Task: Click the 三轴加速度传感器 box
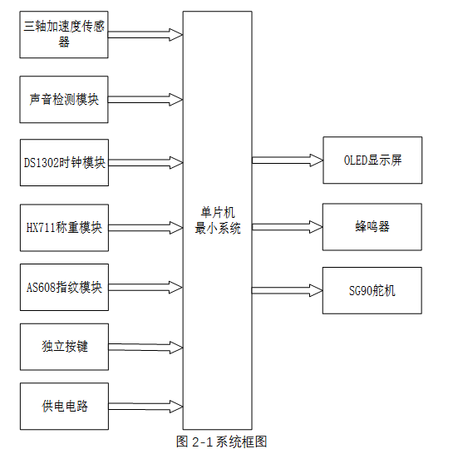tap(64, 35)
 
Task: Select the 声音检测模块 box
tap(64, 99)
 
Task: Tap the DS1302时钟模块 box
tap(64, 162)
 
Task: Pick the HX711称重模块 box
tap(64, 226)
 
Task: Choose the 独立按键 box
tap(64, 347)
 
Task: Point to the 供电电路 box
tap(64, 407)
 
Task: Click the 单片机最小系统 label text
tap(217, 220)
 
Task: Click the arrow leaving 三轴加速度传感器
tap(145, 35)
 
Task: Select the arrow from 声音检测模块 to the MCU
tap(145, 99)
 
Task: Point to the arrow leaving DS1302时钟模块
tap(145, 162)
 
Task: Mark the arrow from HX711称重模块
tap(145, 226)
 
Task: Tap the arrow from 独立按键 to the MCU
tap(145, 347)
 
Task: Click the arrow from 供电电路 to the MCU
tap(145, 407)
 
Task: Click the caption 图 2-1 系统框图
tap(221, 441)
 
